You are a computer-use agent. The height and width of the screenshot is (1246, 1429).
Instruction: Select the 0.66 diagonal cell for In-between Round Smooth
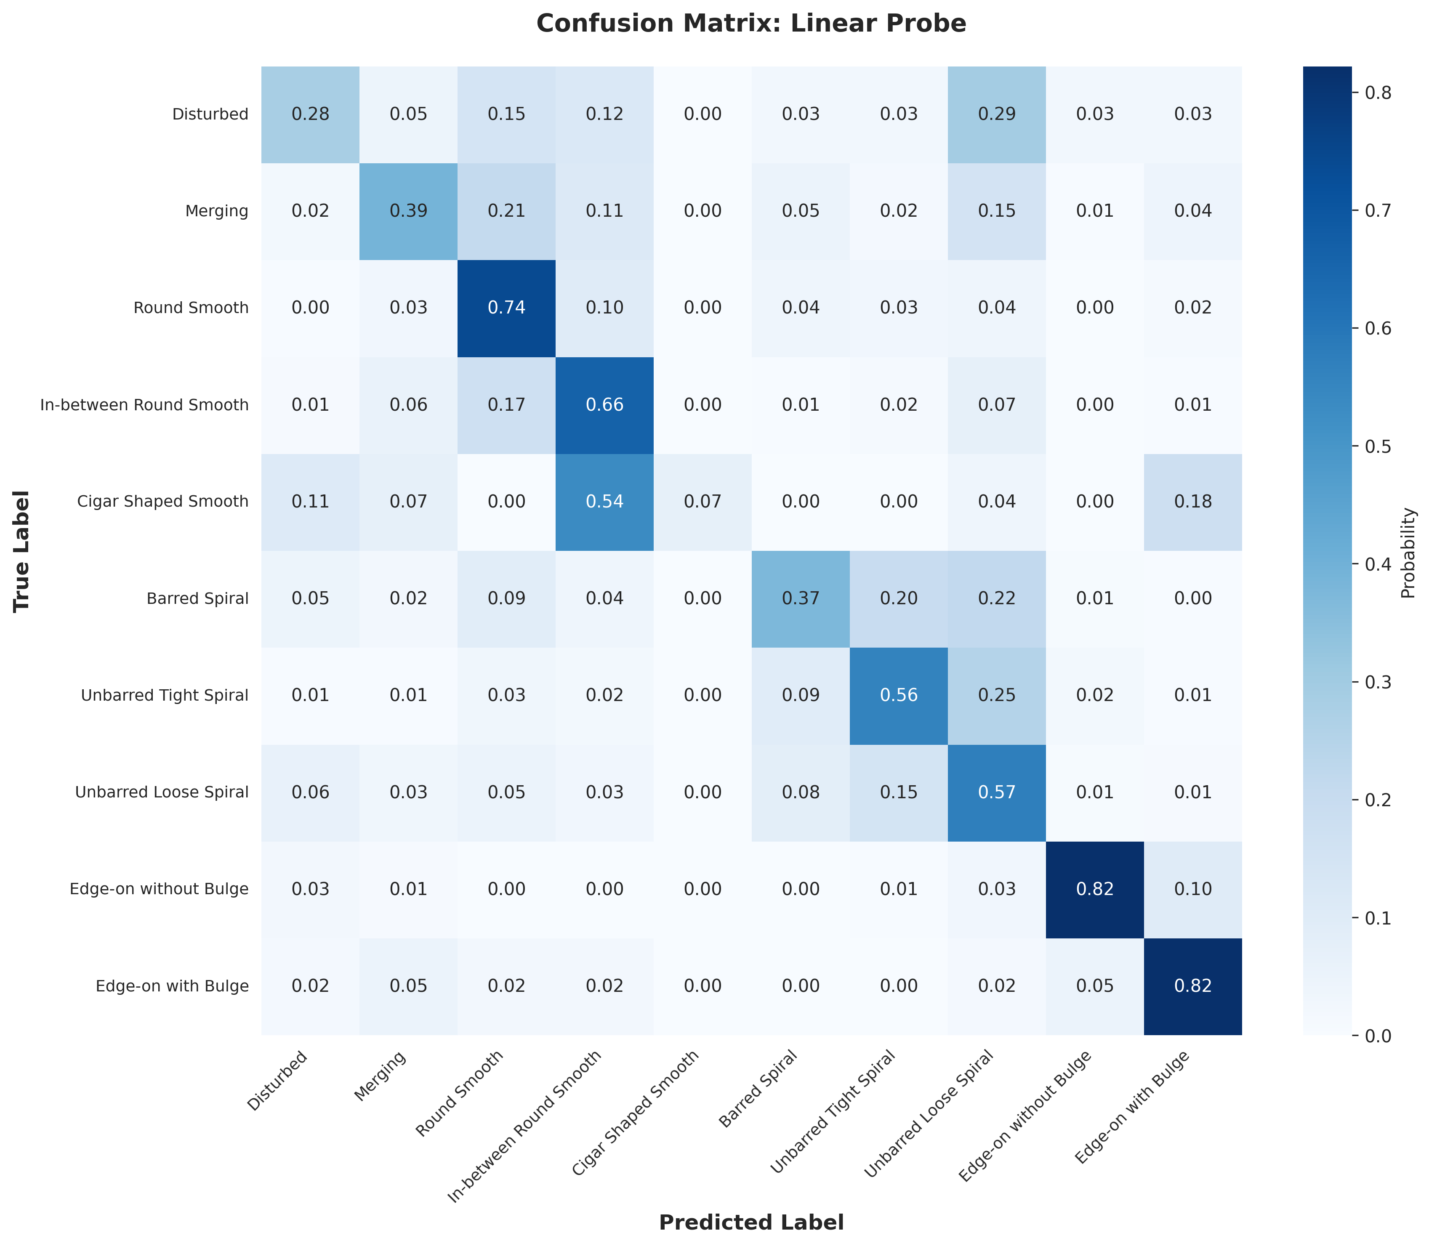pyautogui.click(x=604, y=405)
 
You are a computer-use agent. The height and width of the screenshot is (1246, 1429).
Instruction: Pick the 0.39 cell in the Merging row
pyautogui.click(x=408, y=211)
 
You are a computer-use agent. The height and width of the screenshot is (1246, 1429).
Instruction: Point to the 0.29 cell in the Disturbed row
pyautogui.click(x=996, y=114)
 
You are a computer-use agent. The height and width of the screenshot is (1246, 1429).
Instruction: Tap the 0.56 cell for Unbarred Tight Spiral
pyautogui.click(x=898, y=695)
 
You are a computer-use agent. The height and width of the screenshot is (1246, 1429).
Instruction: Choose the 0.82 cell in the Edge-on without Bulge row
pyautogui.click(x=1094, y=889)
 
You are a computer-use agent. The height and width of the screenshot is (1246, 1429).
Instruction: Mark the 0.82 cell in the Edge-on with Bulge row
pyautogui.click(x=1192, y=986)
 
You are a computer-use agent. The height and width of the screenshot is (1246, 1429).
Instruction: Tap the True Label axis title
pyautogui.click(x=22, y=551)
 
